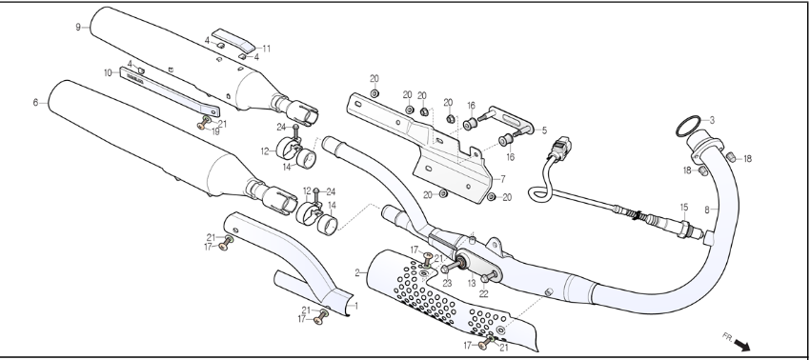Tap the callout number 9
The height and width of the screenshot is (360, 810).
(x=78, y=27)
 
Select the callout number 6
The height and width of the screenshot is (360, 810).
(x=35, y=103)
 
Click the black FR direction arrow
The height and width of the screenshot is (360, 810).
(x=741, y=345)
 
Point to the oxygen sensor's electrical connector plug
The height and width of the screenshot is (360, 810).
(x=561, y=148)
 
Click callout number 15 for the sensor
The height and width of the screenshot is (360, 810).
(x=684, y=207)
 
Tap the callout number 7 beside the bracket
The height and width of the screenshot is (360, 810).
(x=502, y=179)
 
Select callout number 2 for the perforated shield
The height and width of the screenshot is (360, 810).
(x=357, y=272)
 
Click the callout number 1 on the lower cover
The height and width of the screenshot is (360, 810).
(x=355, y=306)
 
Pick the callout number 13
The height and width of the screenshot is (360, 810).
(x=472, y=283)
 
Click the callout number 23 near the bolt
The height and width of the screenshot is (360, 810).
(x=447, y=283)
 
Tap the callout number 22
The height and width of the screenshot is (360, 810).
(x=483, y=294)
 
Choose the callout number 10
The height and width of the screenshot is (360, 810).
(x=108, y=72)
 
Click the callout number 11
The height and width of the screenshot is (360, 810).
(x=266, y=49)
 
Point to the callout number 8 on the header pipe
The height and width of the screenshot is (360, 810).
(x=707, y=210)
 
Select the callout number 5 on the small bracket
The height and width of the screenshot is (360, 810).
(x=544, y=130)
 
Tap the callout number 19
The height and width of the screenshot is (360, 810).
(x=215, y=131)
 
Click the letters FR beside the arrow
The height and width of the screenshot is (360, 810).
(x=727, y=337)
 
